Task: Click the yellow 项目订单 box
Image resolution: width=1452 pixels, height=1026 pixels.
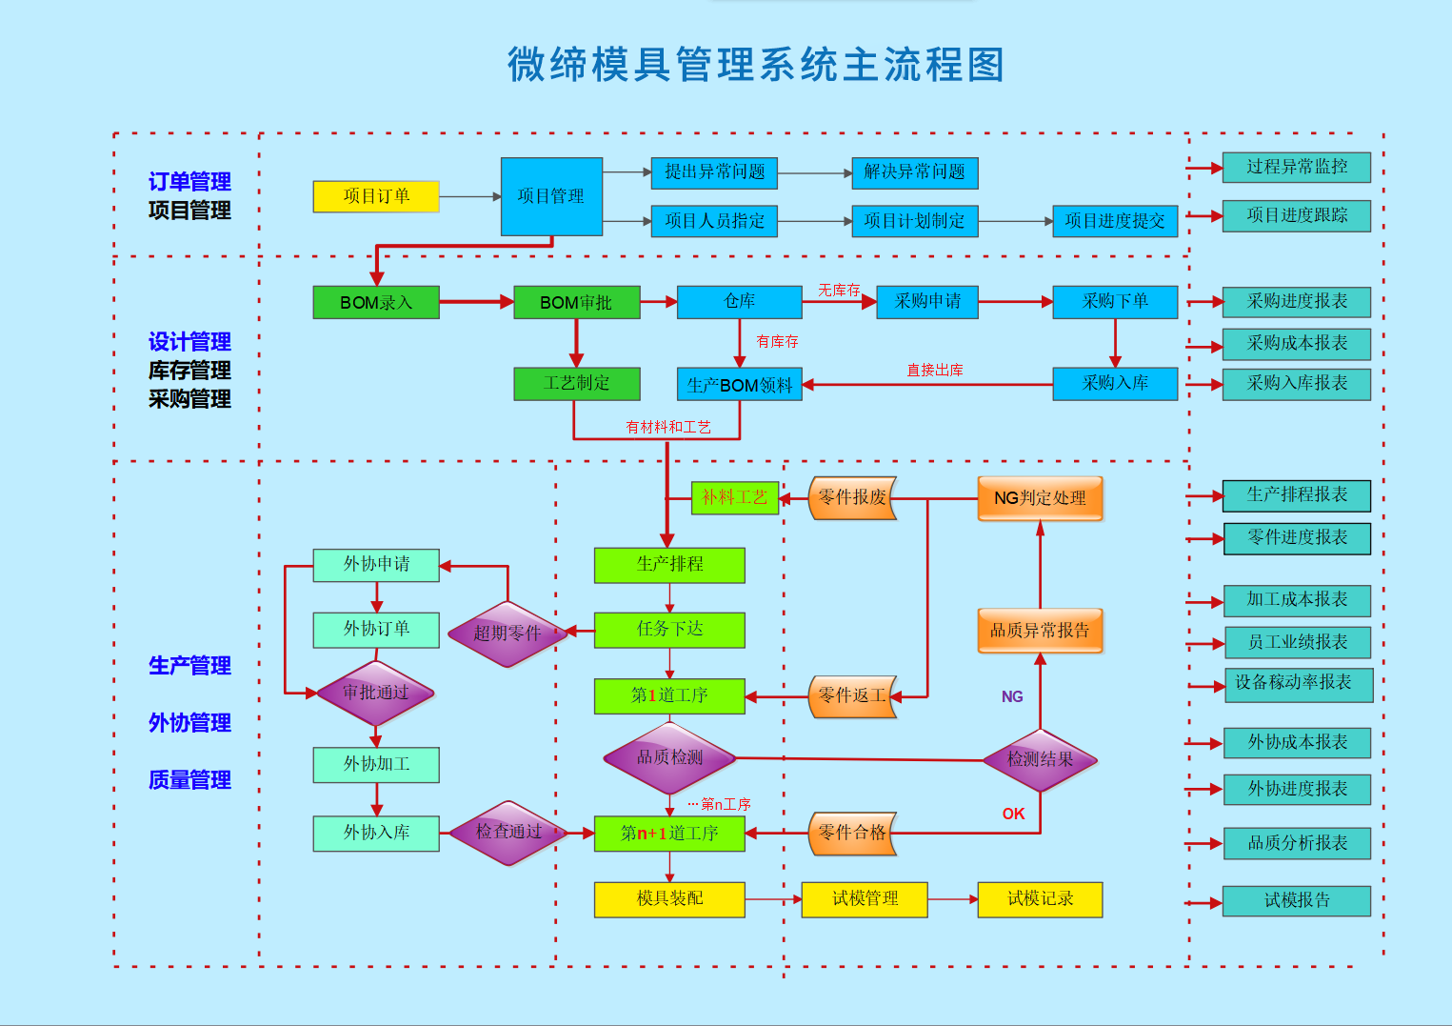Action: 376,196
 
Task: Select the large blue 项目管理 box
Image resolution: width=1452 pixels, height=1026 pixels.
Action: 551,196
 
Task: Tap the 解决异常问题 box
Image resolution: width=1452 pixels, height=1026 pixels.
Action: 914,172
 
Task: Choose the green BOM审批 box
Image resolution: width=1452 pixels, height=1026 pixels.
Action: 576,303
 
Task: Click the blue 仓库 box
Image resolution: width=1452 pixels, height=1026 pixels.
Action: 739,302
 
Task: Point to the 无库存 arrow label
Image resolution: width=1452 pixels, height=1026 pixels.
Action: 839,290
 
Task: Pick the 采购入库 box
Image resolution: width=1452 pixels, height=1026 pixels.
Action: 1115,384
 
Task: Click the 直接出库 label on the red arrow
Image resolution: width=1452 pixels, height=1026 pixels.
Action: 935,370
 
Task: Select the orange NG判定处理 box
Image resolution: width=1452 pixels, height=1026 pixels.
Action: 1040,498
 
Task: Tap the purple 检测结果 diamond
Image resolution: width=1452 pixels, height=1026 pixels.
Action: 1040,760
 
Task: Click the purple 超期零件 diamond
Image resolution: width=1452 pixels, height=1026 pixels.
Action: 507,634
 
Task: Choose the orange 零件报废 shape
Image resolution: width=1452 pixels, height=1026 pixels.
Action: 852,498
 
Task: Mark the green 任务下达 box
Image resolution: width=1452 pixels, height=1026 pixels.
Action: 669,630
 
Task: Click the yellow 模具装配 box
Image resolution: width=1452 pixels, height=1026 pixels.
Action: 669,899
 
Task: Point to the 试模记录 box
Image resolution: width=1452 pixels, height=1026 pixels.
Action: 1040,899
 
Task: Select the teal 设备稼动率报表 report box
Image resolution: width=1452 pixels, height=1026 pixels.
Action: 1298,684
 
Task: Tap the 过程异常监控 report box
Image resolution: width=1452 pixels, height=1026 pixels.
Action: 1297,168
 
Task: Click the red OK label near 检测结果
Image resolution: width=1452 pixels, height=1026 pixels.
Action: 1013,814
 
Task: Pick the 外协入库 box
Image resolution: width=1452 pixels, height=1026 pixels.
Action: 376,834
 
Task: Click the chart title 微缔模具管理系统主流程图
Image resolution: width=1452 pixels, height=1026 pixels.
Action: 756,65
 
